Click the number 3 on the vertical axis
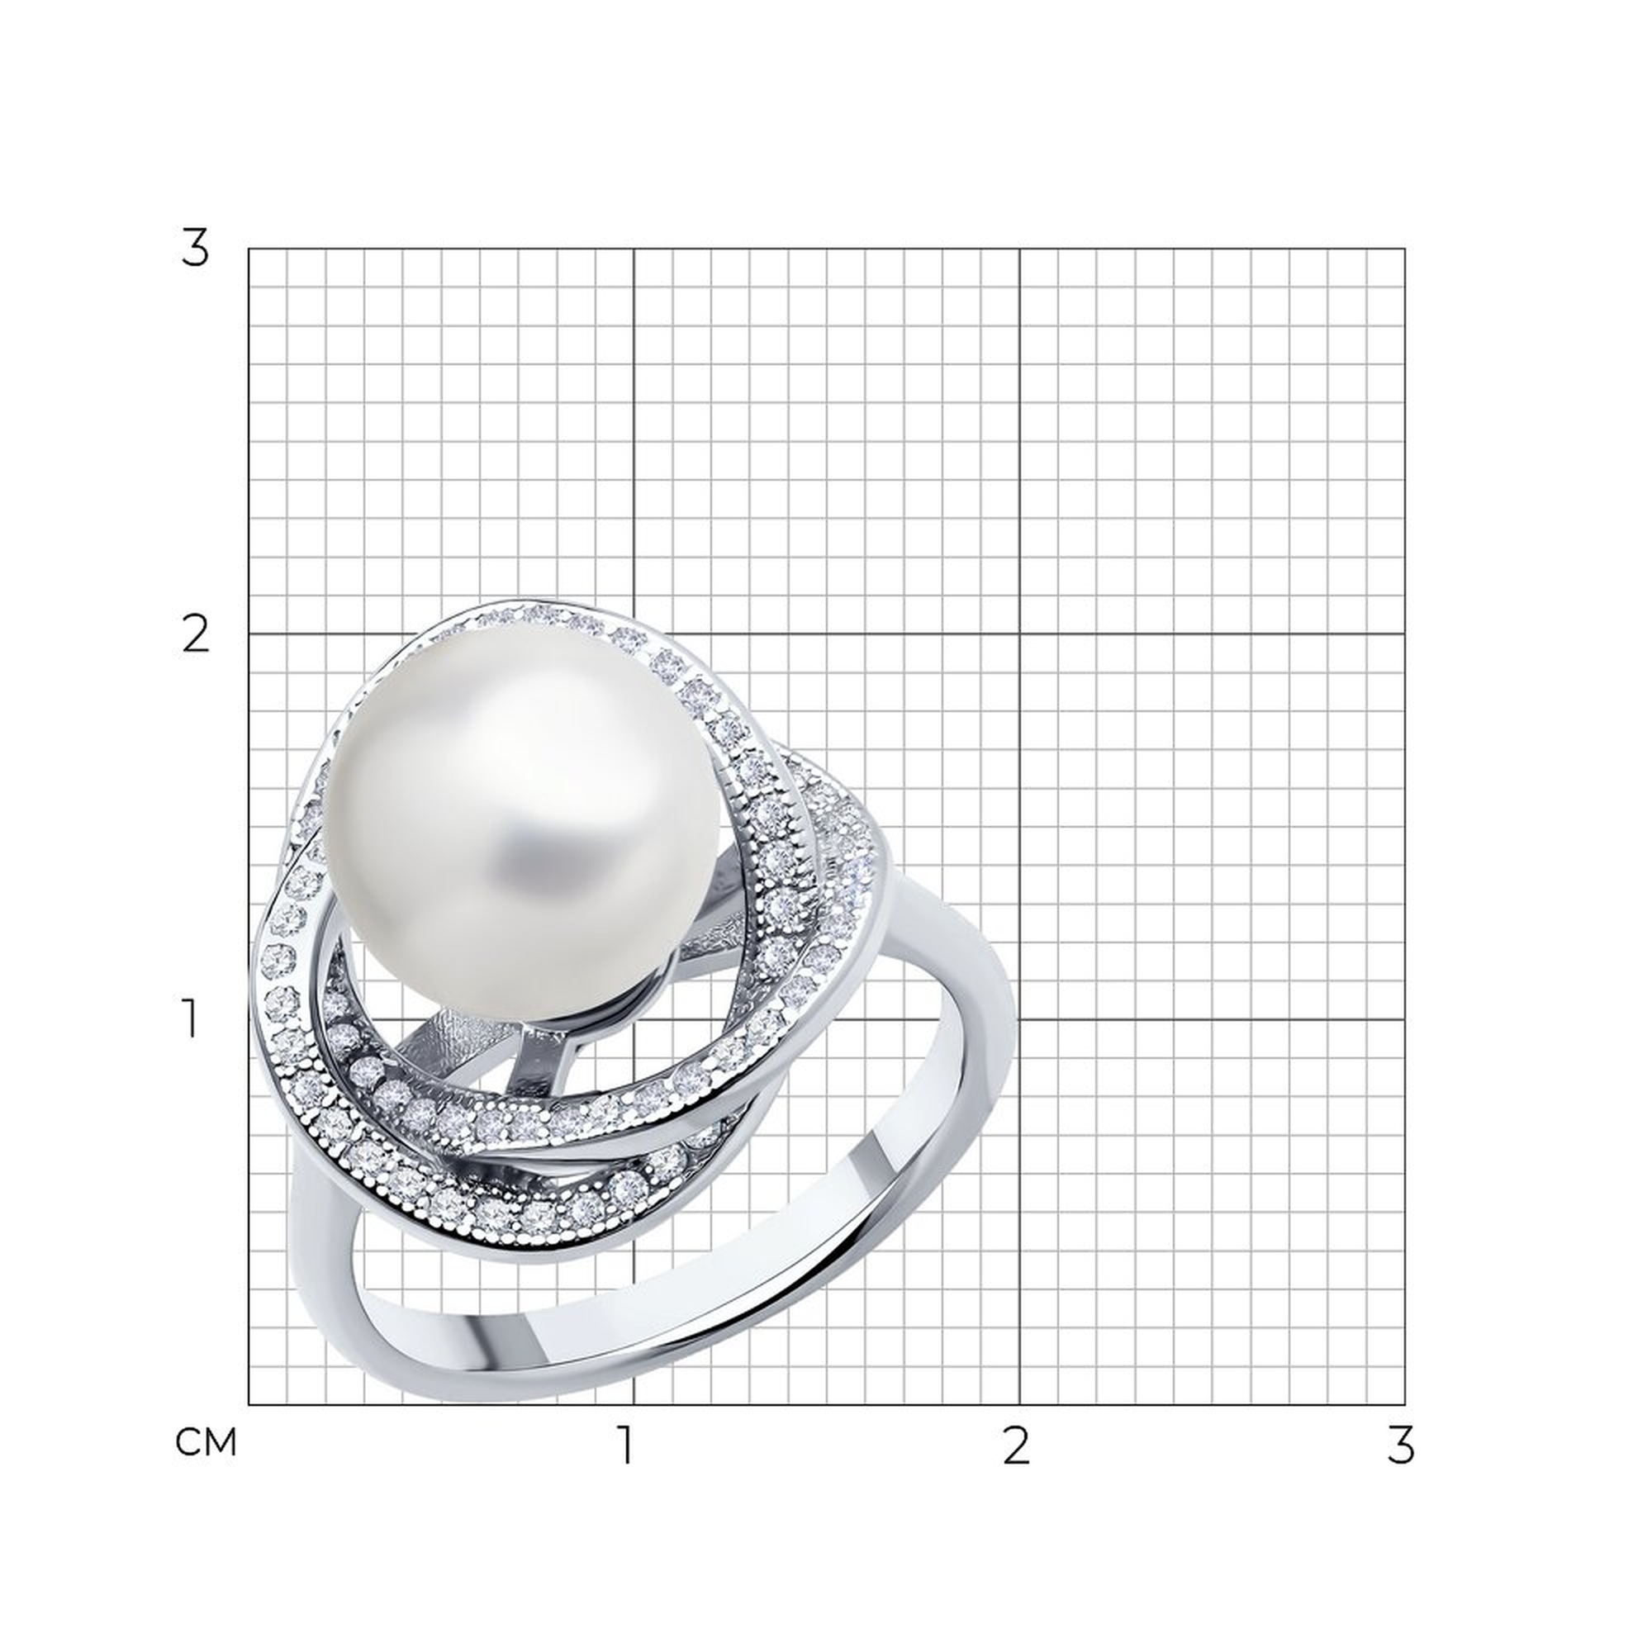(195, 249)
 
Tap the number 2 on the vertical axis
(196, 634)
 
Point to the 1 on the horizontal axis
(628, 1445)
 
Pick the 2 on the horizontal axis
(1015, 1445)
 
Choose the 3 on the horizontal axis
(1401, 1445)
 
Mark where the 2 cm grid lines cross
(1020, 634)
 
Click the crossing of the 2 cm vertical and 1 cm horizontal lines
(1020, 1019)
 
